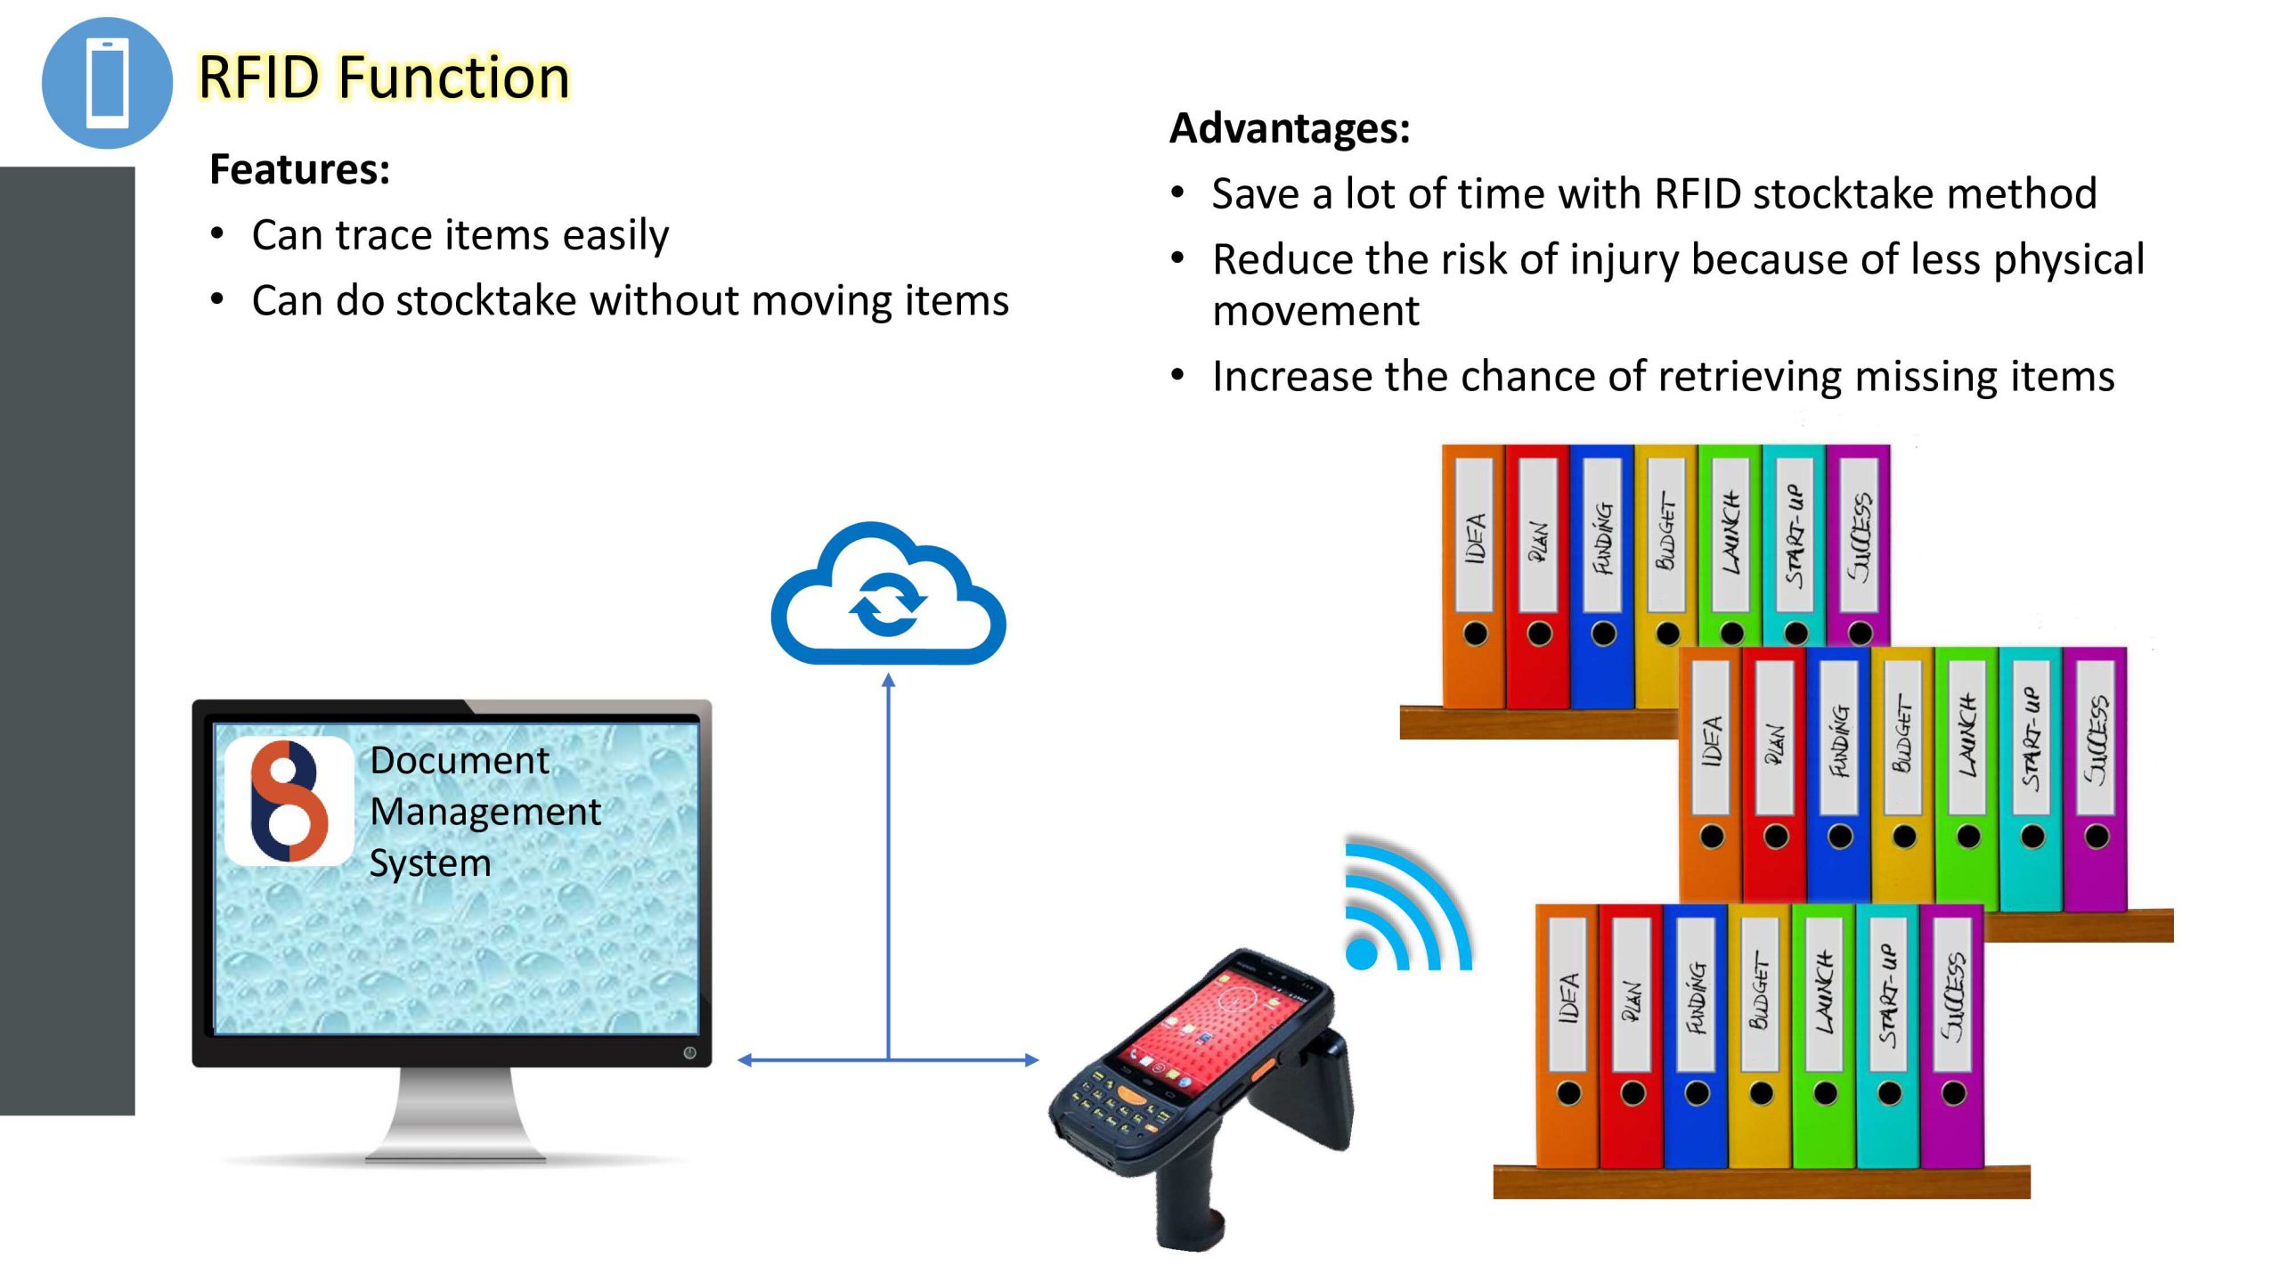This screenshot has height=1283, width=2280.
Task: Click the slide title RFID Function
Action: pos(383,77)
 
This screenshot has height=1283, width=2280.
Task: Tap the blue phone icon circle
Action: pos(107,83)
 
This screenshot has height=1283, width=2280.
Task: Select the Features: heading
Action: pos(299,169)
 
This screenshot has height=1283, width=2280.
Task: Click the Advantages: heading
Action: pos(1290,128)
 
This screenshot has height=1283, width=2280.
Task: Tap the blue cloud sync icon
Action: pos(888,593)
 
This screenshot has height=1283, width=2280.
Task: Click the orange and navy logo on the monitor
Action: pos(289,801)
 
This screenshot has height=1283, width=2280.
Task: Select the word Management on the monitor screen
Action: pos(485,812)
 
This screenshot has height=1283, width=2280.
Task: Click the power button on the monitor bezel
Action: pos(689,1053)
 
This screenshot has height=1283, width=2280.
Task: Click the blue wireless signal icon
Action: pos(1407,904)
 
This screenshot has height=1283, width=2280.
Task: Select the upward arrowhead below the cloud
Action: pos(888,681)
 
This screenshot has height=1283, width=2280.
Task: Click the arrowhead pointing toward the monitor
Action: pos(745,1060)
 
